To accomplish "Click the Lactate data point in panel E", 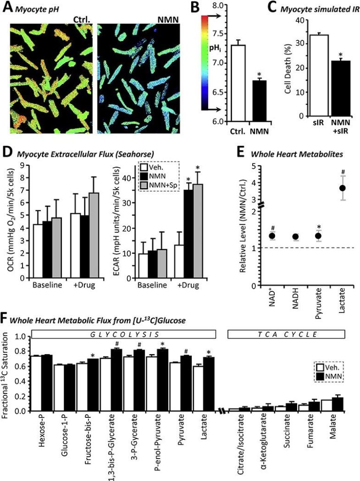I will [x=343, y=188].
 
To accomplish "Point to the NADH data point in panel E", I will [x=295, y=237].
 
